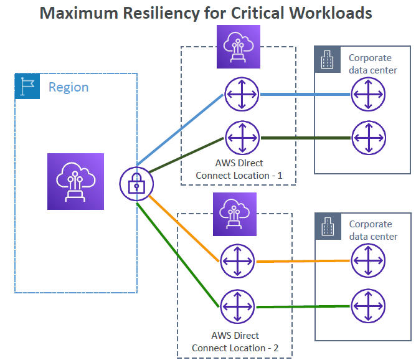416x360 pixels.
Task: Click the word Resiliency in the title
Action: [x=161, y=13]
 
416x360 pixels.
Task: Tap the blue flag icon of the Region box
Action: [x=27, y=86]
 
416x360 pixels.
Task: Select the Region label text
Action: [x=69, y=88]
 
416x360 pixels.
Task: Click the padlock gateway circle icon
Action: [x=136, y=184]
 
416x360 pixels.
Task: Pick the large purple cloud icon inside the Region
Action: [x=75, y=181]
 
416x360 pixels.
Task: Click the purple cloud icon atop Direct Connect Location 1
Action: [x=239, y=47]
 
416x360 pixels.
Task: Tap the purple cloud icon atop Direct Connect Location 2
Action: [x=235, y=214]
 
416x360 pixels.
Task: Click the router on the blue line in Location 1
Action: [x=242, y=94]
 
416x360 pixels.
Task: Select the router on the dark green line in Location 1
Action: [x=242, y=138]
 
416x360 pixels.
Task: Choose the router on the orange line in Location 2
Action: [x=237, y=262]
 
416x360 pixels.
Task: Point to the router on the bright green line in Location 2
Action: [x=237, y=306]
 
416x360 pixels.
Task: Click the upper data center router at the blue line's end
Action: [x=368, y=94]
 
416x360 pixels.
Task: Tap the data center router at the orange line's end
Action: [x=368, y=260]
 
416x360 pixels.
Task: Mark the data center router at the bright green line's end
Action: [x=368, y=306]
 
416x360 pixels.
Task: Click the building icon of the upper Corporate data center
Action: [x=327, y=59]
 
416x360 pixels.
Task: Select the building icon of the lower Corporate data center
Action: [x=328, y=226]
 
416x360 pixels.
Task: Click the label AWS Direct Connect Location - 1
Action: [x=239, y=169]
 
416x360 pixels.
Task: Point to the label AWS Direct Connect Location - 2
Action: [x=235, y=342]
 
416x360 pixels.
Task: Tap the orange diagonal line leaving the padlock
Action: [x=184, y=229]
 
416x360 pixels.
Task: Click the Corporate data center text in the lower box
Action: [x=373, y=230]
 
